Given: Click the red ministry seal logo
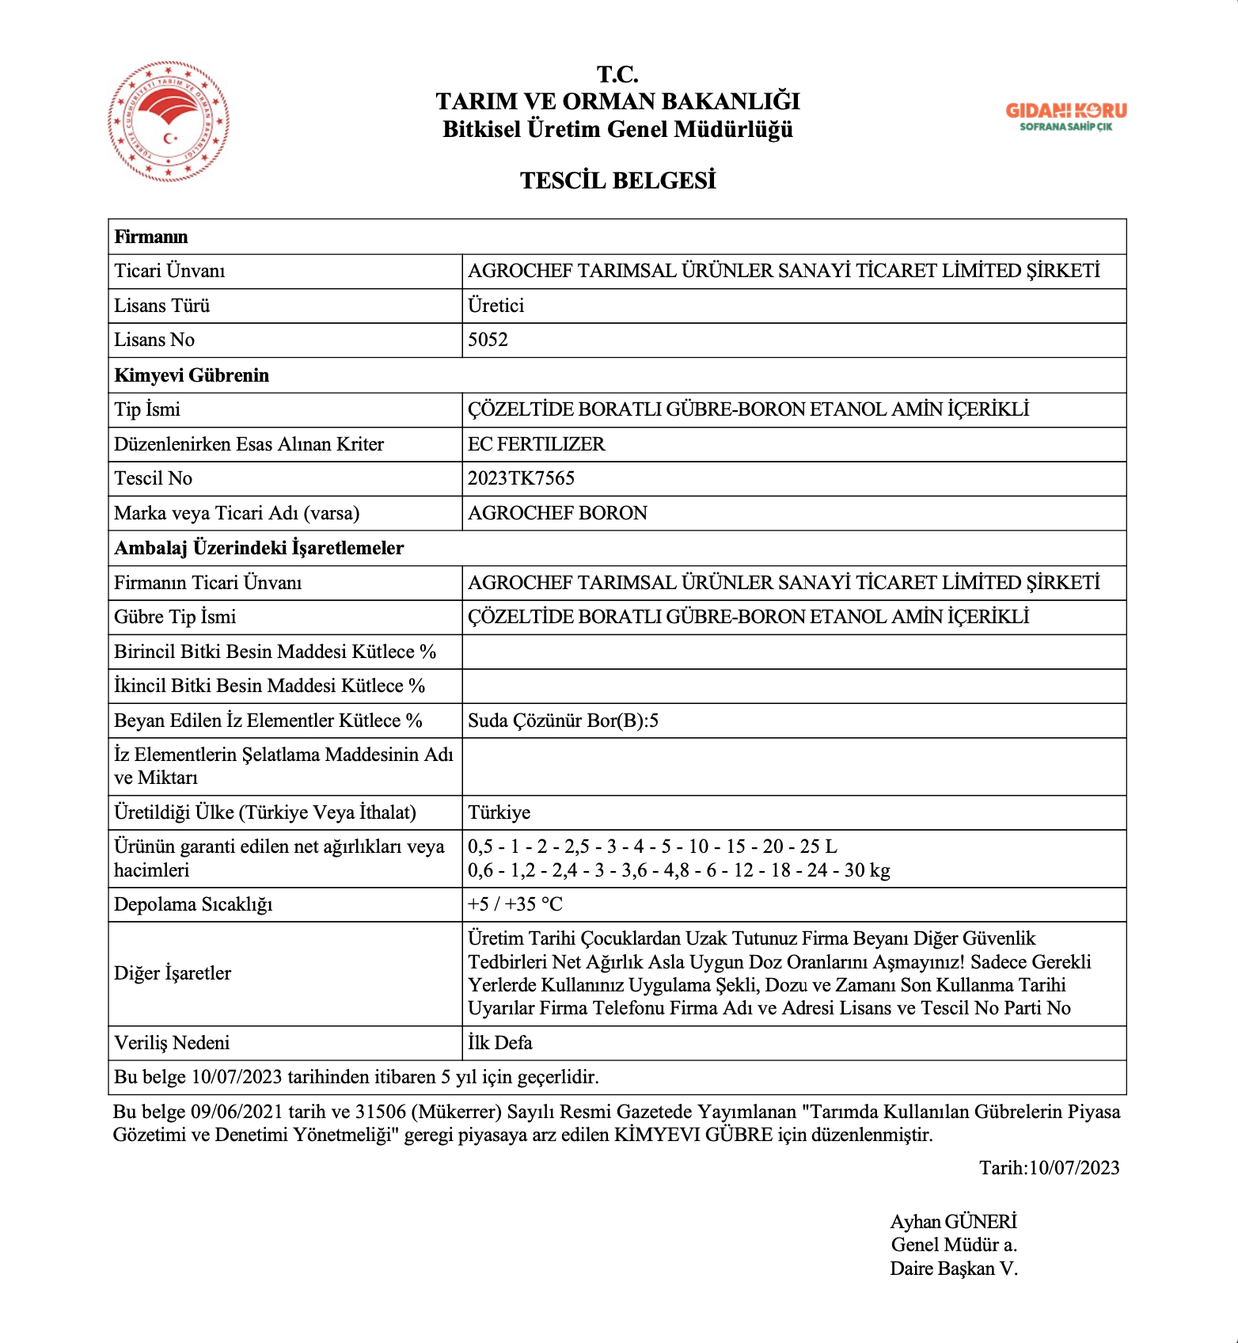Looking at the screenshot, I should point(169,122).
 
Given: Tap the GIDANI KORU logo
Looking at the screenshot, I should point(1065,116).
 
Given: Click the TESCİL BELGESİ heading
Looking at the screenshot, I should point(617,181).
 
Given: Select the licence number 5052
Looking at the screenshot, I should point(488,340).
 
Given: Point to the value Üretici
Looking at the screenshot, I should point(496,306).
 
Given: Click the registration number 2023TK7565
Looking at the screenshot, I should point(521,478).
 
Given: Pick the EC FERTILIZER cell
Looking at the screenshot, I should point(536,444).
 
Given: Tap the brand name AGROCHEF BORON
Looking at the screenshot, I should point(557,513).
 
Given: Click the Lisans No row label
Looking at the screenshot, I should point(154,340).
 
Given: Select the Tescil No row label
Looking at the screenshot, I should point(153,478).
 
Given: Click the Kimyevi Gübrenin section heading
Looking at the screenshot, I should point(192,375).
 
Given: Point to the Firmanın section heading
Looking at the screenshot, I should point(151,237).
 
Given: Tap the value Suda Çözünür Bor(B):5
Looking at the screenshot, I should point(563,721).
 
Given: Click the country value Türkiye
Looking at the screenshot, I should point(499,812).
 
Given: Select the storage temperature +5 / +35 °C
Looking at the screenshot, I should point(515,904).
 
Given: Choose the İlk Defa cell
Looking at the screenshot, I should point(499,1043).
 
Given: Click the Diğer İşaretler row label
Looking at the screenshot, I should point(173,973).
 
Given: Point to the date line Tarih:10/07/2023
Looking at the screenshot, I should point(1049,1168).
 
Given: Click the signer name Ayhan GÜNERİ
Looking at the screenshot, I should point(953,1222).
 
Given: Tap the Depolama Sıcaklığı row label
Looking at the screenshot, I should point(193,904).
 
